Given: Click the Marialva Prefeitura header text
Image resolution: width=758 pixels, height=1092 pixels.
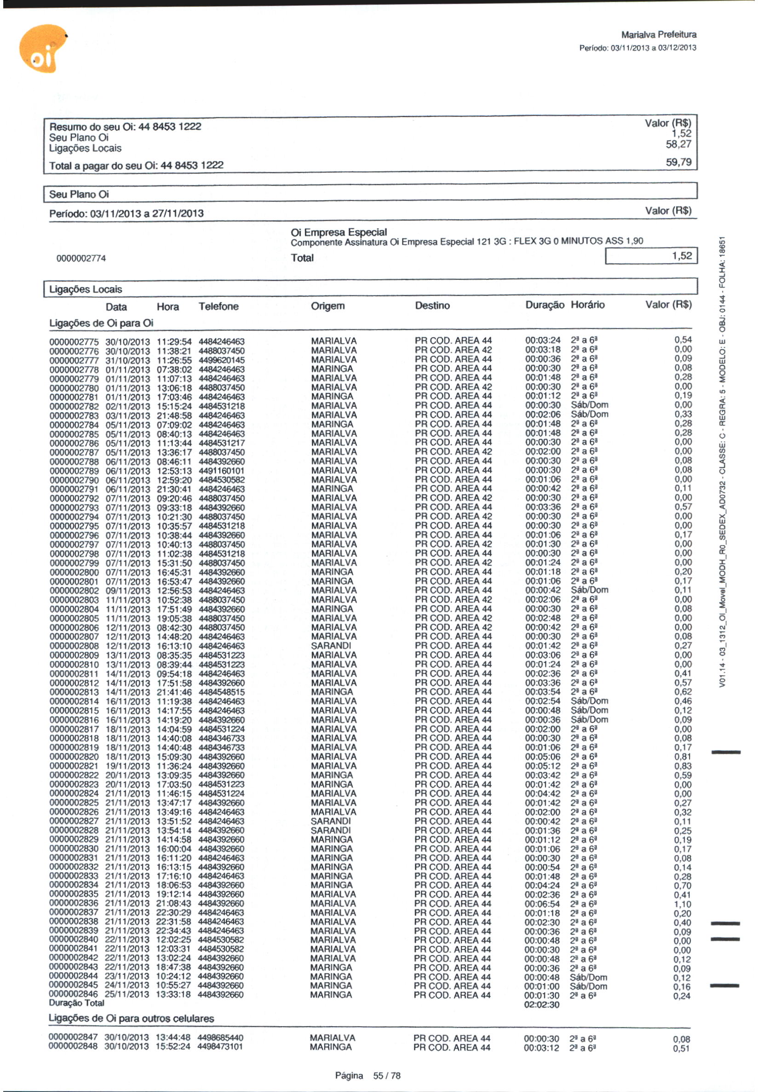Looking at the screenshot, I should (x=658, y=34).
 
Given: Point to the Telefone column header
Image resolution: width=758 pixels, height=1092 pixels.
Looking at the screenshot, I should (x=218, y=307).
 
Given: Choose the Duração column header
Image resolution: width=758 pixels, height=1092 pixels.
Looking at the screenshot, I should (x=544, y=305).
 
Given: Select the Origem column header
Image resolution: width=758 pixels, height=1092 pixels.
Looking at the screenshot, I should (x=327, y=306).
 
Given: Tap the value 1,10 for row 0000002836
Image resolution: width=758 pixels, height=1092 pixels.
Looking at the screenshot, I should (x=683, y=904).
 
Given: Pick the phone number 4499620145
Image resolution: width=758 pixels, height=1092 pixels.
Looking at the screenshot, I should (x=222, y=361).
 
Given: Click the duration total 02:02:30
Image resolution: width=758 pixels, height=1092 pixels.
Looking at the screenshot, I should (x=542, y=1005).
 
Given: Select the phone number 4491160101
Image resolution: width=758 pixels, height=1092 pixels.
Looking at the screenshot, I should (x=222, y=471).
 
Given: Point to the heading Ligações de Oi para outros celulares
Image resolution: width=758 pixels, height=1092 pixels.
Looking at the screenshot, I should (x=131, y=1018).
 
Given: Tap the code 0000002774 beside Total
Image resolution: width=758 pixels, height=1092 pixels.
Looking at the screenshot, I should (x=81, y=259).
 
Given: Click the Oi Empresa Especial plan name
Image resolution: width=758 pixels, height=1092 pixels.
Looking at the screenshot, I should (x=339, y=232).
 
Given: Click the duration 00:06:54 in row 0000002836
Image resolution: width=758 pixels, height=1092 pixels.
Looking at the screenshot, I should (x=542, y=904).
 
